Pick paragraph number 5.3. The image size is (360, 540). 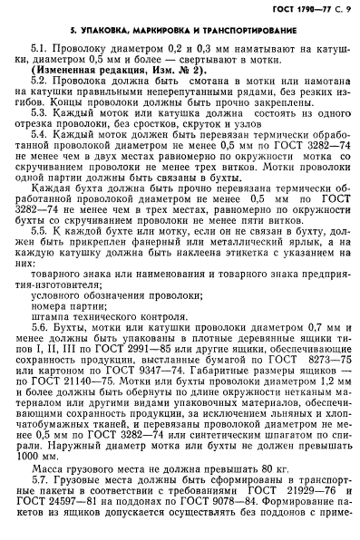click(38, 142)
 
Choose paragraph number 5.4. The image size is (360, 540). click(38, 169)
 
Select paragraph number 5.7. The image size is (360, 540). click(38, 487)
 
